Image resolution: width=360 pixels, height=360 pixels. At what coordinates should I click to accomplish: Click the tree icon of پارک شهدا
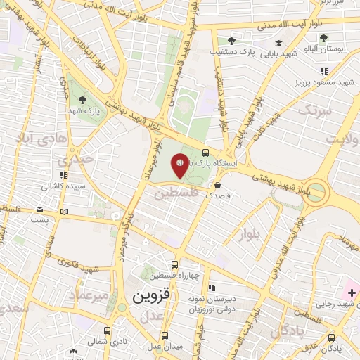coord(83,100)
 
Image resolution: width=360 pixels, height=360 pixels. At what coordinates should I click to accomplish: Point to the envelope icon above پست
coord(39,210)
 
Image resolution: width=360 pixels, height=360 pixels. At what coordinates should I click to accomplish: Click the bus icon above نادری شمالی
coord(107,330)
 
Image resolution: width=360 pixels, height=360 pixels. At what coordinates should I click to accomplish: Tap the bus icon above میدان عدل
coord(165,335)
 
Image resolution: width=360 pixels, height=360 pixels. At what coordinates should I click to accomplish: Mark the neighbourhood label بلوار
coord(250,231)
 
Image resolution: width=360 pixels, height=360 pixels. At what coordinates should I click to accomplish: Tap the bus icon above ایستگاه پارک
coord(205,151)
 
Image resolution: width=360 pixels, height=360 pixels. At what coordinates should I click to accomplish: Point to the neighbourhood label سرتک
coord(313,110)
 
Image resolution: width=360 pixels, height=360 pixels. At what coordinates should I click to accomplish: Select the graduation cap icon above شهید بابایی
coord(279,43)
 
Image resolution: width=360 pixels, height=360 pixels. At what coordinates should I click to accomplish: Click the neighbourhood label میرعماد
coord(91,295)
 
